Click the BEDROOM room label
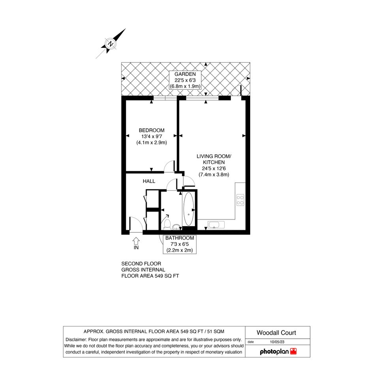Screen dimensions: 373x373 152,130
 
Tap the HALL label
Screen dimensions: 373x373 149,181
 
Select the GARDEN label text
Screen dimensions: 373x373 185,74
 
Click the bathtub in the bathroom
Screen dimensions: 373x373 189,209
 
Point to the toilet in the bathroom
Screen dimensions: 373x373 167,224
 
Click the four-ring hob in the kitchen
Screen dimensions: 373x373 240,200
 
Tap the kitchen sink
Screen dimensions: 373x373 216,225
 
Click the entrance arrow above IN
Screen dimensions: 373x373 136,241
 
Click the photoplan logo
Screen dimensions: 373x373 278,352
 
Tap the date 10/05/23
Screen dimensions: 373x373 277,342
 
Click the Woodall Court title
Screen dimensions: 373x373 276,333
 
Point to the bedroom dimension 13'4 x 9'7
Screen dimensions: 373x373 152,137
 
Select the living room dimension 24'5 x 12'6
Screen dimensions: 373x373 214,169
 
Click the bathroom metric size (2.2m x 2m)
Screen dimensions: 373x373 180,250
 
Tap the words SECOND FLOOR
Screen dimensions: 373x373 141,264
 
